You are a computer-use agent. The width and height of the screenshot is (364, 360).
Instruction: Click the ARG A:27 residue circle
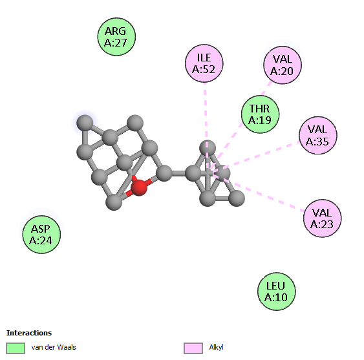116,37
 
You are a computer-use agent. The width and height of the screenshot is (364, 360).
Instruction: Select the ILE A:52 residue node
204,63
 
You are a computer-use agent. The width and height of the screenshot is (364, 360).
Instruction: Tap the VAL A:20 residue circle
283,65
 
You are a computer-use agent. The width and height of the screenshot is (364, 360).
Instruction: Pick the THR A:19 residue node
260,114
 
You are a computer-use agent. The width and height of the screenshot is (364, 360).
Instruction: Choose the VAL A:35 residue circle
318,135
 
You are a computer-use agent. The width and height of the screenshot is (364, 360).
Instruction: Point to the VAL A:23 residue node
322,218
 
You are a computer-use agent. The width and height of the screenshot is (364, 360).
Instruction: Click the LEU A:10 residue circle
276,291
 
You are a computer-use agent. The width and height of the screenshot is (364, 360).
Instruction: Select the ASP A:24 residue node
41,235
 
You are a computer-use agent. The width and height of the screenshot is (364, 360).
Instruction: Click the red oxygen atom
139,187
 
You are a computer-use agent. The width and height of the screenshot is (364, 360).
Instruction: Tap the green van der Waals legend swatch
16,348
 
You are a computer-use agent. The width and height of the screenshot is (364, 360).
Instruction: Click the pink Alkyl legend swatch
193,348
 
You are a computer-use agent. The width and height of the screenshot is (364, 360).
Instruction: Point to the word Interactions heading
29,333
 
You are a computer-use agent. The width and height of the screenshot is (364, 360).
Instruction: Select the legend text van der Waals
54,347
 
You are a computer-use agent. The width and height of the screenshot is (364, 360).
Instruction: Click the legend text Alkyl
216,347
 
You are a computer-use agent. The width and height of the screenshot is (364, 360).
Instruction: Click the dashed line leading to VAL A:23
258,192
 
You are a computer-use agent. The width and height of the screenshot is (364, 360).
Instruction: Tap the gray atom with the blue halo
85,123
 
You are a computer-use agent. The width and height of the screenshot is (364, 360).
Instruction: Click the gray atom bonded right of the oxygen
164,173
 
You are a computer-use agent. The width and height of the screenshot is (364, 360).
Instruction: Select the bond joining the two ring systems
178,173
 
